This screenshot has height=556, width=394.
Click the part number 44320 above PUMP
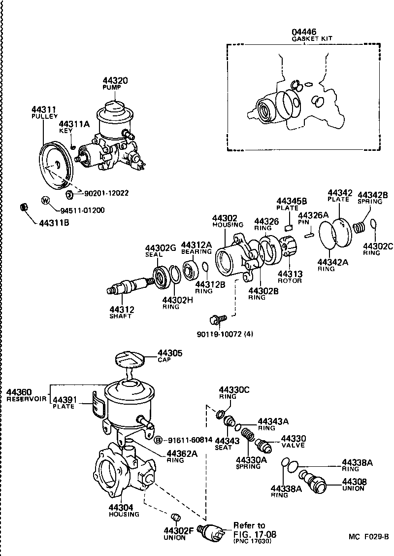coord(115,80)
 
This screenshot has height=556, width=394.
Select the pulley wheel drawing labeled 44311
coord(56,166)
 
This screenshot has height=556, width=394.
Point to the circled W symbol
coord(45,201)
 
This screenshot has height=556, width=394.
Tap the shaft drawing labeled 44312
coord(131,286)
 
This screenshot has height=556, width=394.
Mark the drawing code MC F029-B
coord(369,536)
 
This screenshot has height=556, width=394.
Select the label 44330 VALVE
coord(293,441)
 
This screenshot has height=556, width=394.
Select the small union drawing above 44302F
coord(175,518)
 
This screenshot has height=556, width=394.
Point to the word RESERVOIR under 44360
coord(26,398)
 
